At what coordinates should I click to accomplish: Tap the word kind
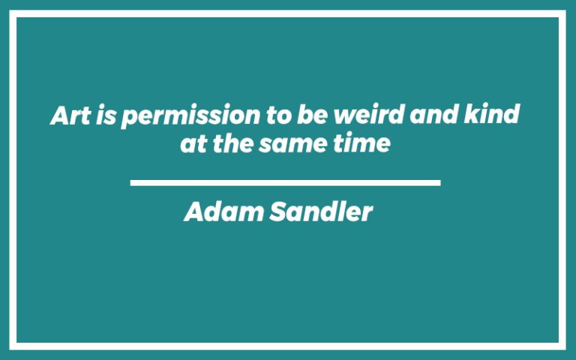(498, 116)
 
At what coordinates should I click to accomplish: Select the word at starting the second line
(193, 143)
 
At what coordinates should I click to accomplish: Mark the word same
(288, 143)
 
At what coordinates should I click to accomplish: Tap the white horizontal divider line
(285, 182)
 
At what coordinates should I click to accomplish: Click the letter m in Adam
(246, 214)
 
